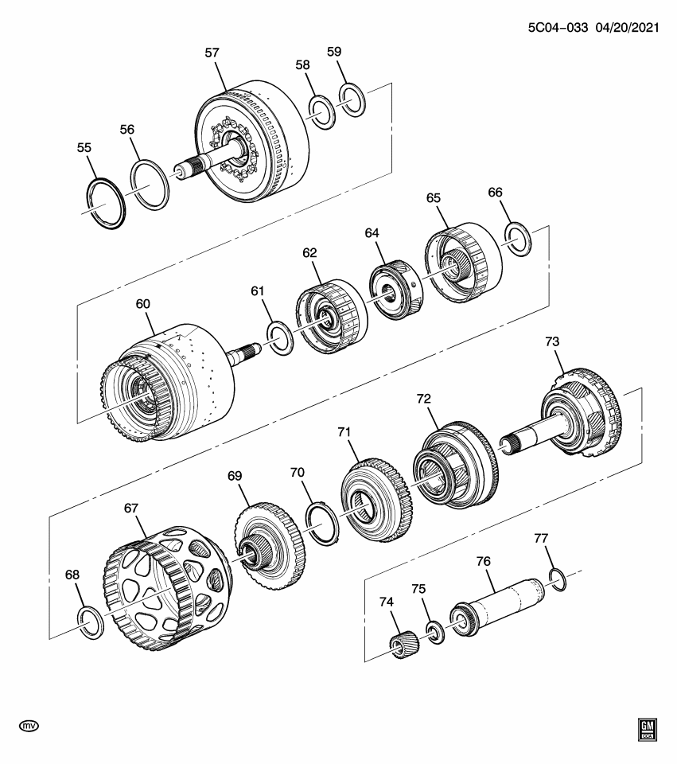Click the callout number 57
pyautogui.click(x=212, y=53)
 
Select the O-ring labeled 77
pyautogui.click(x=558, y=579)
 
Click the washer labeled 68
pyautogui.click(x=90, y=619)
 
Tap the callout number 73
pyautogui.click(x=552, y=341)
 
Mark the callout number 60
pyautogui.click(x=143, y=304)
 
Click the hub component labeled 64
pyautogui.click(x=393, y=286)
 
